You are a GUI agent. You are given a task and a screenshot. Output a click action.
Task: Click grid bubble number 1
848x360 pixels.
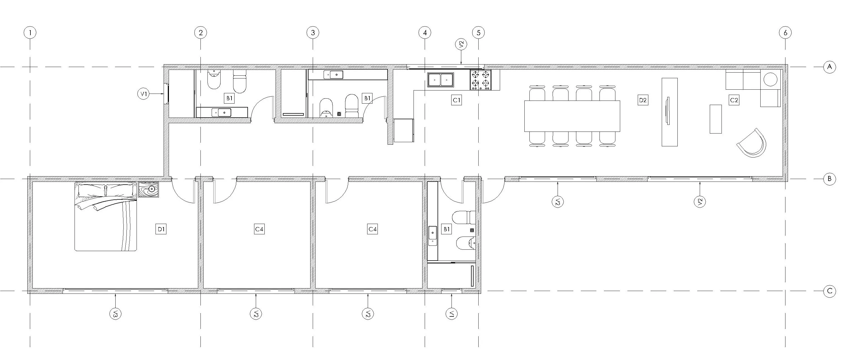pyautogui.click(x=30, y=33)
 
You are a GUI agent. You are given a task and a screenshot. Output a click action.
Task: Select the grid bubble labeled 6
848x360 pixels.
pyautogui.click(x=785, y=33)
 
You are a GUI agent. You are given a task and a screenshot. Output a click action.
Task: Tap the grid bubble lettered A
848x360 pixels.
pyautogui.click(x=830, y=67)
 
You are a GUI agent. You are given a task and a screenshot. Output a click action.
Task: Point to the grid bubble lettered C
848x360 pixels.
pyautogui.click(x=830, y=291)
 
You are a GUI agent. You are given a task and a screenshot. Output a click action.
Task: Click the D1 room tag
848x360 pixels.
pyautogui.click(x=161, y=229)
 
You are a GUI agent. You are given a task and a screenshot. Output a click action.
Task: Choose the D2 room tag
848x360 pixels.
pyautogui.click(x=642, y=100)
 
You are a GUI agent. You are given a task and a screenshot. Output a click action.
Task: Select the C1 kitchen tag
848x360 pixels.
pyautogui.click(x=456, y=100)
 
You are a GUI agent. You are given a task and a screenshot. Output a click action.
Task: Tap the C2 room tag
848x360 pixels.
pyautogui.click(x=734, y=100)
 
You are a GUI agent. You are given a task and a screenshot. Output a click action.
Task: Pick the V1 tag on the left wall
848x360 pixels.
pyautogui.click(x=143, y=94)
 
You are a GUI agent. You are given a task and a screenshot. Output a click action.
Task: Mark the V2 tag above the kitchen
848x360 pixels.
pyautogui.click(x=461, y=44)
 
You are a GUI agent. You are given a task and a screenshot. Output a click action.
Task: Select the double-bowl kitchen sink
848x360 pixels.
pyautogui.click(x=440, y=80)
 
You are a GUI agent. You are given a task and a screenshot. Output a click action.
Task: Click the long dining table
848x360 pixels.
pyautogui.click(x=572, y=116)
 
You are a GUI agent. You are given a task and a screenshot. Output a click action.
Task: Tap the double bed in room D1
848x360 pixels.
pyautogui.click(x=106, y=216)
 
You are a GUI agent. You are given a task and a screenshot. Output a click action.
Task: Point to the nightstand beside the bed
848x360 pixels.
pyautogui.click(x=149, y=190)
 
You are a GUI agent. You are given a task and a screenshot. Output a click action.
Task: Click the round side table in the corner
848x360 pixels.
pyautogui.click(x=770, y=79)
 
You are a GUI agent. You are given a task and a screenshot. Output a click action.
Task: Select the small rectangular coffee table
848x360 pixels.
pyautogui.click(x=716, y=119)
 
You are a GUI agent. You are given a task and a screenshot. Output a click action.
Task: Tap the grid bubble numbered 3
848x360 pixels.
pyautogui.click(x=313, y=33)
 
